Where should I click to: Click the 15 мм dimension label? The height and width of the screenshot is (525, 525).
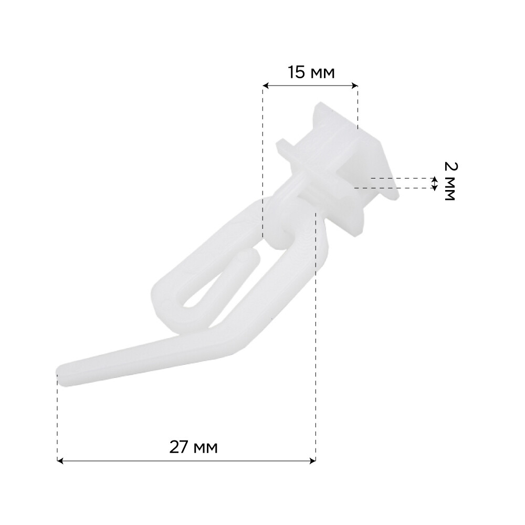(311, 72)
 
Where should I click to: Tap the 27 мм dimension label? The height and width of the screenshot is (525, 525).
(193, 447)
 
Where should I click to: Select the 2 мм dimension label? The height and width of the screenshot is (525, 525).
(450, 181)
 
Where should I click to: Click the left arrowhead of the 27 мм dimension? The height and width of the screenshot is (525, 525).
(60, 461)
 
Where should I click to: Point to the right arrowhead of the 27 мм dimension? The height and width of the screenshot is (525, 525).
(313, 461)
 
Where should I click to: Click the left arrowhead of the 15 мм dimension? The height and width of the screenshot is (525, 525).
(266, 86)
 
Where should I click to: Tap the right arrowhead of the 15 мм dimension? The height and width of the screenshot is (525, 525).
(354, 86)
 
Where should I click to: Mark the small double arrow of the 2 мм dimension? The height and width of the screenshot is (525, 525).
(435, 183)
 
